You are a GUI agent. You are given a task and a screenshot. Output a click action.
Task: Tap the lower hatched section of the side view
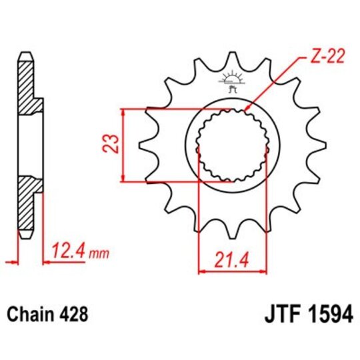(28, 203)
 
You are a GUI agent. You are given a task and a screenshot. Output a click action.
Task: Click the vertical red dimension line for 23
(122, 145)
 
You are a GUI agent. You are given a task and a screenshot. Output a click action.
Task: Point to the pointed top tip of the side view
(25, 53)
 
